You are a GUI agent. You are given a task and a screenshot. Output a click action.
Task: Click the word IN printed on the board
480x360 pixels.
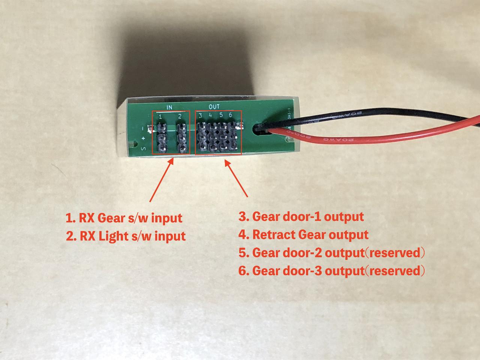(x=169, y=107)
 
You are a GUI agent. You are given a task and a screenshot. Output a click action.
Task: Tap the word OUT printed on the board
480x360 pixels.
(x=214, y=107)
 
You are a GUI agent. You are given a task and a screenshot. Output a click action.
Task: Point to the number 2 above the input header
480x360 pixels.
(x=180, y=117)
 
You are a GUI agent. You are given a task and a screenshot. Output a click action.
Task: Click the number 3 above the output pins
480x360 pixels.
(x=201, y=115)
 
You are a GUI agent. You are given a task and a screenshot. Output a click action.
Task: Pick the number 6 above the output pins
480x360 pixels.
(x=230, y=115)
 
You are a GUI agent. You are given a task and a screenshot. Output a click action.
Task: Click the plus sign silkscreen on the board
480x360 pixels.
(x=143, y=139)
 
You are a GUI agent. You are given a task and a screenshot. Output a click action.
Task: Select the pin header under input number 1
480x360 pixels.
(x=162, y=138)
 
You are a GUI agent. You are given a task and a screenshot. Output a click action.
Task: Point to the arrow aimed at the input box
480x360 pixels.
(x=161, y=180)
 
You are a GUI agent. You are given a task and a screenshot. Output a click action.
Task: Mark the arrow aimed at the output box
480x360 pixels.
(x=236, y=178)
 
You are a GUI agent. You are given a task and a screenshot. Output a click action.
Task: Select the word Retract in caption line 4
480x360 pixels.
(x=273, y=235)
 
